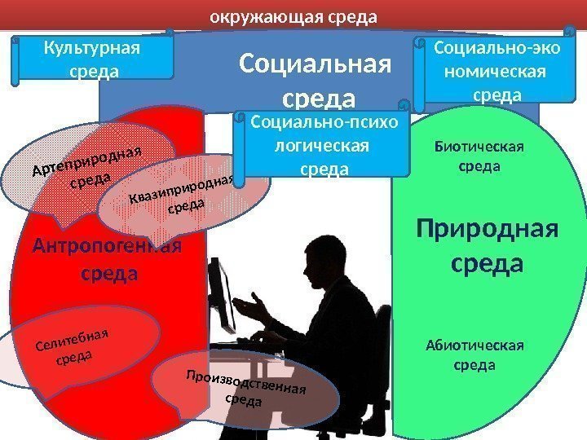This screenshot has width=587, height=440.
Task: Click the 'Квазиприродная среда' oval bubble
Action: click(x=181, y=200)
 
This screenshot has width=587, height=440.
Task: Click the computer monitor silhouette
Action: click(x=221, y=293)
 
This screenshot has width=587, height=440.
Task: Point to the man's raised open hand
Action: click(x=255, y=307)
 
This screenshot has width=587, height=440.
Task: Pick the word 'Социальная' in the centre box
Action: click(x=316, y=64)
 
